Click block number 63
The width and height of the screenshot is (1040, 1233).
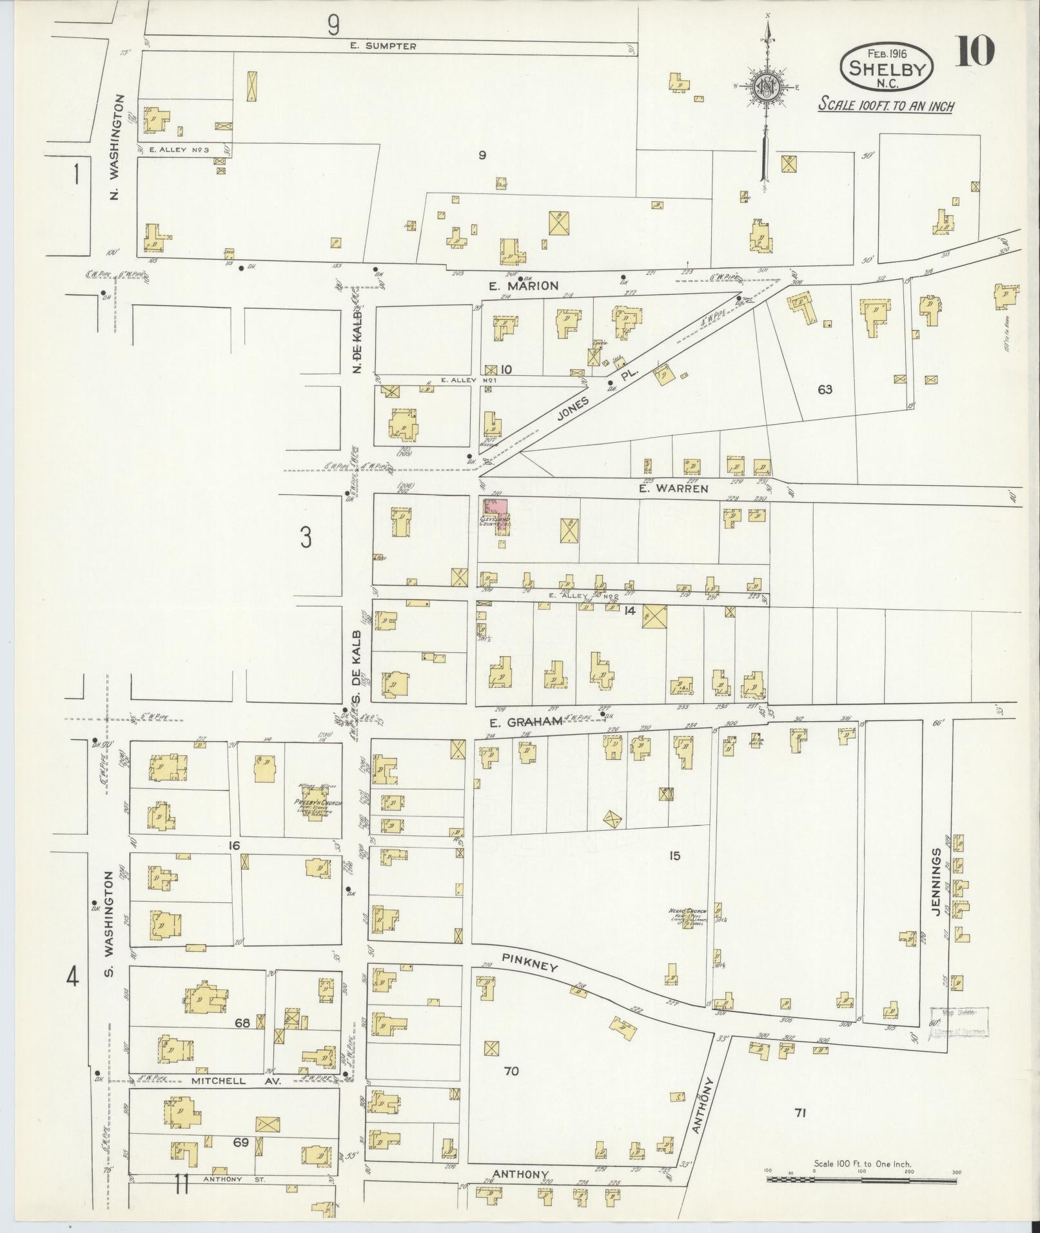click(x=825, y=389)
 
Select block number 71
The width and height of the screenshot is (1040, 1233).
click(x=800, y=1112)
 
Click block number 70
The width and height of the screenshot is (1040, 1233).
click(x=511, y=1071)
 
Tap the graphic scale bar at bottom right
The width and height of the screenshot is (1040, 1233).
click(x=862, y=1179)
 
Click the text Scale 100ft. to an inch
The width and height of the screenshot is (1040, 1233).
click(x=885, y=106)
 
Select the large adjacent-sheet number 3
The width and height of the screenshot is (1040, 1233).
click(x=306, y=536)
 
